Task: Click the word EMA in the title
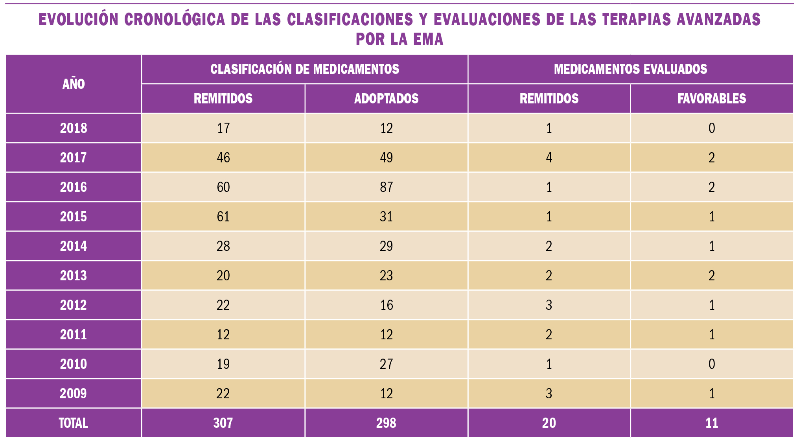[428, 39]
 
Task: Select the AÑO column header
[74, 84]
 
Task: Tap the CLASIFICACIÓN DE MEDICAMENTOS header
[305, 69]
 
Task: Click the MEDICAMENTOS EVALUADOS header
[630, 69]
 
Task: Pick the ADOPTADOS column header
[386, 99]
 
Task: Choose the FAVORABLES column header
[712, 99]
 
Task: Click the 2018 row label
[74, 128]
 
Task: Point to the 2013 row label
[74, 276]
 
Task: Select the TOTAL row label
[74, 423]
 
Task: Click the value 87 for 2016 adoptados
[386, 187]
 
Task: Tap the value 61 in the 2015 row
[223, 217]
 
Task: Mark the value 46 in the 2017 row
[223, 158]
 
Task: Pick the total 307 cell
[223, 423]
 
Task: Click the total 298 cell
[386, 423]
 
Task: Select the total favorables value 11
[712, 423]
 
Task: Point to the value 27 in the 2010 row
[386, 364]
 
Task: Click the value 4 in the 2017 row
[549, 158]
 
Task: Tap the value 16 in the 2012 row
[386, 305]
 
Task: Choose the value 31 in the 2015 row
[386, 217]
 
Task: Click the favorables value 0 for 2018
[712, 128]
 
